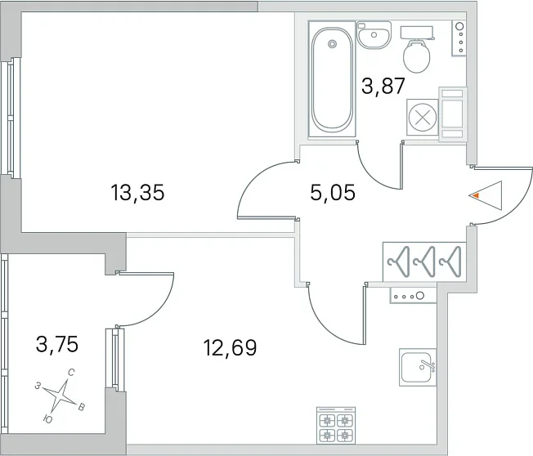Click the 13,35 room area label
click(137, 193)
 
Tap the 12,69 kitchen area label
click(230, 347)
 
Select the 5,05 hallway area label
click(333, 193)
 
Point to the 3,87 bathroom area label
click(383, 86)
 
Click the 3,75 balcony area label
click(57, 344)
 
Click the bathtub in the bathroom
click(332, 80)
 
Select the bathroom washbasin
click(374, 34)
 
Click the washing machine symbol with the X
click(423, 118)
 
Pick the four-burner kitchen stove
click(336, 425)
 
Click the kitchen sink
click(418, 367)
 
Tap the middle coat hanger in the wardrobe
click(424, 262)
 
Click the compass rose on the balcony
click(60, 395)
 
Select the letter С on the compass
click(71, 373)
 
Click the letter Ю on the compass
click(48, 419)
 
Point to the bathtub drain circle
click(332, 43)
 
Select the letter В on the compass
click(82, 407)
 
